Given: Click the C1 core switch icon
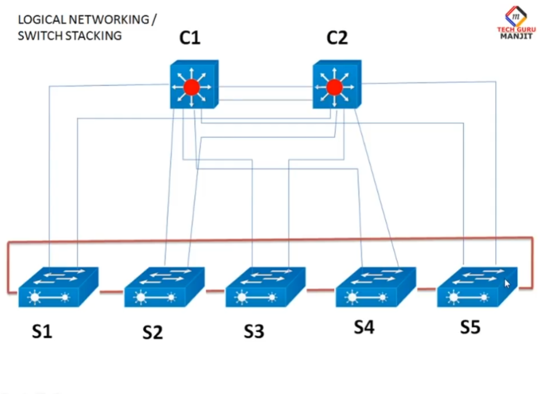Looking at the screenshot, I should click(194, 85).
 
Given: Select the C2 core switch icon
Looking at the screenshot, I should click(336, 85).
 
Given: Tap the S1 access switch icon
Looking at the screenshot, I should click(58, 287).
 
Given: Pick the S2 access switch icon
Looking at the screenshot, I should click(164, 287).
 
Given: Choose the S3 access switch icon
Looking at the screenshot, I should click(265, 287).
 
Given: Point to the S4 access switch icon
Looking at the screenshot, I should click(375, 287).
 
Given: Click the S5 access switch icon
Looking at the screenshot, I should click(476, 287).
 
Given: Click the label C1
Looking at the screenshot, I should click(190, 38).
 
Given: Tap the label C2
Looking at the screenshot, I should click(337, 38).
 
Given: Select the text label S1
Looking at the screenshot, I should click(41, 332).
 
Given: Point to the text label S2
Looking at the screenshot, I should click(153, 333).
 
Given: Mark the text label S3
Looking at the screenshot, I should click(254, 332).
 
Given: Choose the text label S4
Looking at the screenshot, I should click(364, 327).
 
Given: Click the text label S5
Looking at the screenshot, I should click(470, 327).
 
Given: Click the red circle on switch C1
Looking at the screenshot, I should click(191, 88).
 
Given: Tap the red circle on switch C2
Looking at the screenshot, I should click(334, 88).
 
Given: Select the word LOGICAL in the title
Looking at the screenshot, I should click(42, 19).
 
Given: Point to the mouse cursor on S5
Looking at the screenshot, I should click(507, 284).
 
